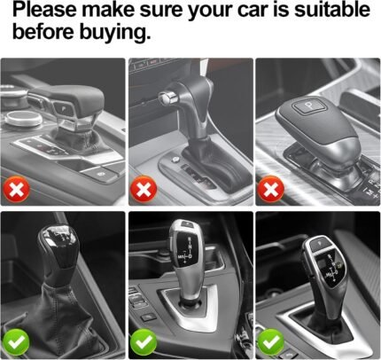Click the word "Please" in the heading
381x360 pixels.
coord(44,10)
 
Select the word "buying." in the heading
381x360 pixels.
coord(115,32)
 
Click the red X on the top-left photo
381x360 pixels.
coord(17,189)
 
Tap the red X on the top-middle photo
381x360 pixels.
coord(144,189)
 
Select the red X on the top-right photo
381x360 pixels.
coord(271,189)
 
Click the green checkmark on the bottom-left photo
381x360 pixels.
coord(16,342)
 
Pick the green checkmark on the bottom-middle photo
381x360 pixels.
coord(144,342)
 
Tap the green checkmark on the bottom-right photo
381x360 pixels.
coord(271,342)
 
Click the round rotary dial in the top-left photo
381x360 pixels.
coord(24,118)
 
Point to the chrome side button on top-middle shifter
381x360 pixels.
coord(167,98)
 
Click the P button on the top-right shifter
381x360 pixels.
coord(308,106)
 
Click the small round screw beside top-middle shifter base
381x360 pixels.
coord(175,160)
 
